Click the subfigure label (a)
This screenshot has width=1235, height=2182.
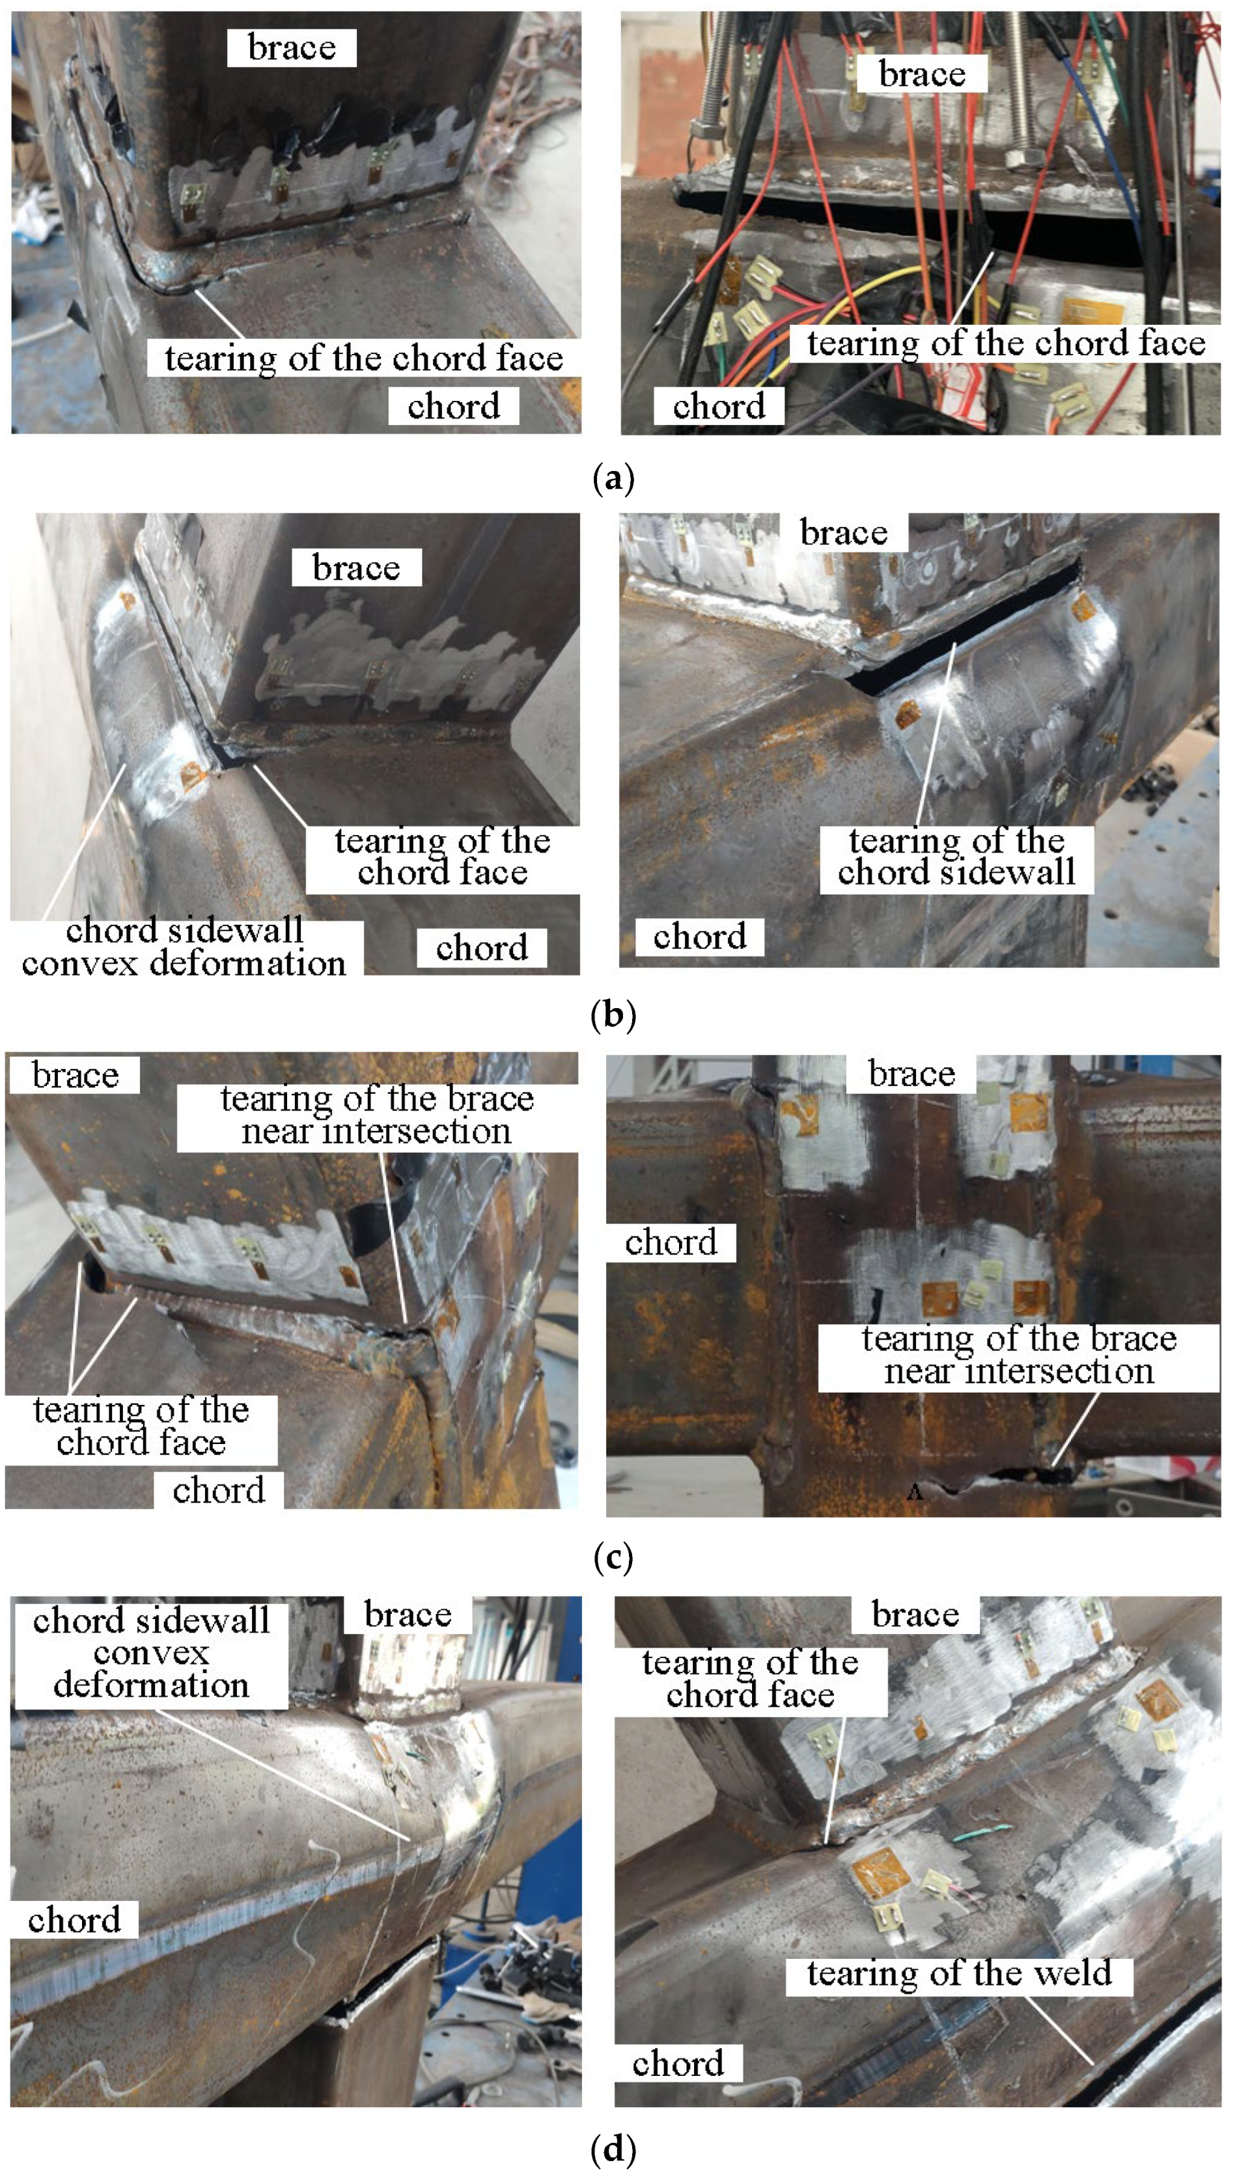point(613,478)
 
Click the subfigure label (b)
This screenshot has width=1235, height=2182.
point(613,1015)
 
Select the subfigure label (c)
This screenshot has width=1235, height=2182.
point(613,1557)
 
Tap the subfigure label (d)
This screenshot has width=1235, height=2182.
point(613,2148)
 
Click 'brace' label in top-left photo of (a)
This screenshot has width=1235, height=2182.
point(292,48)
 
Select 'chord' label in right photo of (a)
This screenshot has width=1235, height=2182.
point(719,406)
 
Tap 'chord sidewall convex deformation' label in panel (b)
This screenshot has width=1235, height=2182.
point(184,947)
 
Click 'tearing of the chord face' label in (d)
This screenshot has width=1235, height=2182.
point(751,1678)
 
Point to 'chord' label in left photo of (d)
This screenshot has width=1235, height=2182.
point(74,1920)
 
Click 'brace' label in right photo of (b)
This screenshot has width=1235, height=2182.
point(844,532)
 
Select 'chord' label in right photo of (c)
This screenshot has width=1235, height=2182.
point(671,1242)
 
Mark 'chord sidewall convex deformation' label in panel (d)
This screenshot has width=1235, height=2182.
point(151,1652)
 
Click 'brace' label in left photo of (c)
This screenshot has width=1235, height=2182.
point(76,1075)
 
